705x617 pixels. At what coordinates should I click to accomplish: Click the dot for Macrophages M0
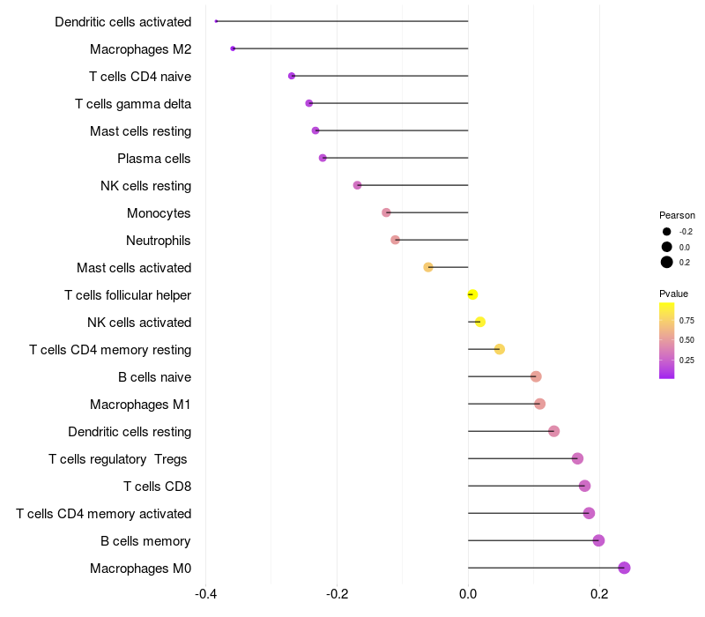624,568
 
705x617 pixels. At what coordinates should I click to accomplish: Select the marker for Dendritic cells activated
216,21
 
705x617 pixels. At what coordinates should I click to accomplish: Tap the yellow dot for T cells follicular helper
472,294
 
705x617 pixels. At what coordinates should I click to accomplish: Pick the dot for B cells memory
598,540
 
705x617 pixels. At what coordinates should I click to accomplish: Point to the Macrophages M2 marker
233,48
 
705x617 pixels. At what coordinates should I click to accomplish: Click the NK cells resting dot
357,185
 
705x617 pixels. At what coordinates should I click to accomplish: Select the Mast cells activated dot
428,267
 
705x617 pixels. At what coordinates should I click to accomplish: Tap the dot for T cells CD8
584,486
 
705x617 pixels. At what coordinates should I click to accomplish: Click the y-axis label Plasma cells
154,159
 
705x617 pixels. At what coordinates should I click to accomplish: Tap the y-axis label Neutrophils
159,241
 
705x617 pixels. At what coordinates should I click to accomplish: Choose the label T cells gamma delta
133,104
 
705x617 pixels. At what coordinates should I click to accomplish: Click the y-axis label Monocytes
159,213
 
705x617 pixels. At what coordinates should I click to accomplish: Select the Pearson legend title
677,215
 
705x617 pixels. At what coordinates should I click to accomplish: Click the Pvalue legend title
673,294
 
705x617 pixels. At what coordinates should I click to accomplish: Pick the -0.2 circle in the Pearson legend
667,232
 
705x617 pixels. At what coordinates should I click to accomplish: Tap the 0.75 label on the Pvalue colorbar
686,320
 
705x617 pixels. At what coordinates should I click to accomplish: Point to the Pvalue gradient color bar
667,340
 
